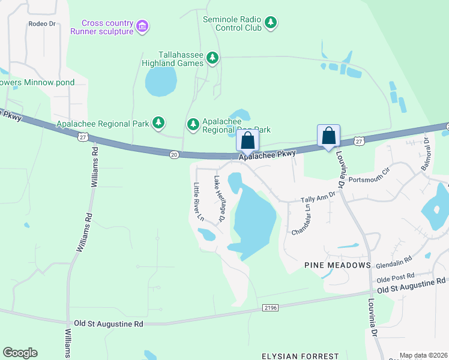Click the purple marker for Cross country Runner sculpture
[142, 26]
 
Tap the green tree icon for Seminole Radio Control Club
[271, 23]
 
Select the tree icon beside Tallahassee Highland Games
[212, 58]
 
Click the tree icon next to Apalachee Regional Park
[158, 124]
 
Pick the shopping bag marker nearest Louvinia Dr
[329, 136]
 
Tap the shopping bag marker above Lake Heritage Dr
[248, 141]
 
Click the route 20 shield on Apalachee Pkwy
[174, 155]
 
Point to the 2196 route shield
[271, 308]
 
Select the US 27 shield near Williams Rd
[81, 138]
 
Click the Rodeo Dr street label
[41, 24]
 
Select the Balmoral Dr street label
[425, 154]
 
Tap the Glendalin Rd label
[393, 262]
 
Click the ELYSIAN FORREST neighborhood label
[300, 356]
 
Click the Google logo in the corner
[20, 353]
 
